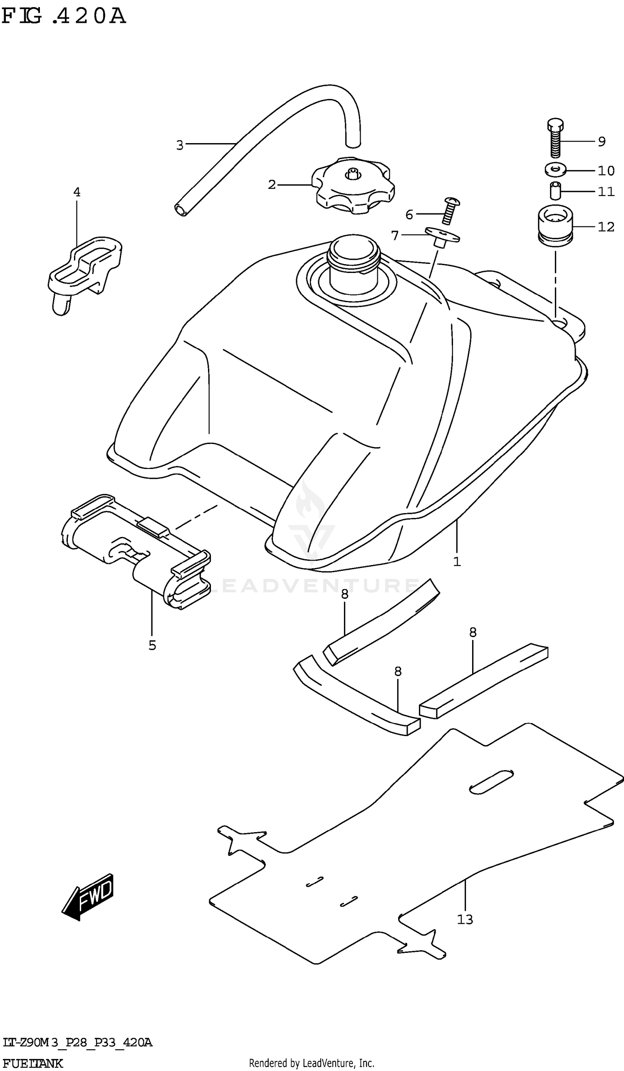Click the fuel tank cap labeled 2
(353, 187)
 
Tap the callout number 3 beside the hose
(180, 145)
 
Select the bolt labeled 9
(555, 138)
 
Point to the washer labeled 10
(555, 170)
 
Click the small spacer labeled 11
(555, 191)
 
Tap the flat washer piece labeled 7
(442, 236)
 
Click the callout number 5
(153, 646)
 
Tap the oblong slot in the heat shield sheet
(490, 781)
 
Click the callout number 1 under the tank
(457, 562)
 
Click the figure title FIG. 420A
(64, 16)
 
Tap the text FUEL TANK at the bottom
(32, 1064)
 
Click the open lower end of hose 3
(181, 210)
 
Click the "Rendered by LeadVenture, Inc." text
(311, 1063)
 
